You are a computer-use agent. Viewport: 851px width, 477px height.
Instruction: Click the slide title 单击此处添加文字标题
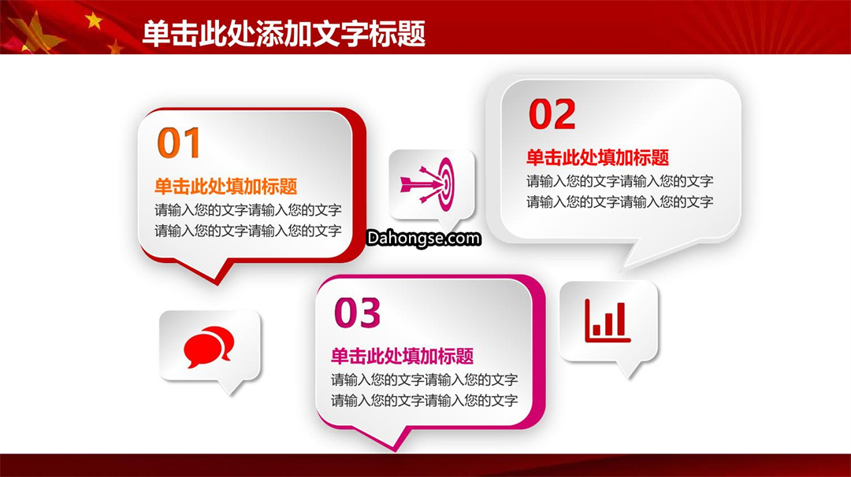[284, 34]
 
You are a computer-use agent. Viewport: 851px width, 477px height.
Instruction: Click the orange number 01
[179, 143]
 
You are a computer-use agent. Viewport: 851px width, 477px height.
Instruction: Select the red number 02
[552, 114]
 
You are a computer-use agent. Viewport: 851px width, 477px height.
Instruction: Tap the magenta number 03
[357, 312]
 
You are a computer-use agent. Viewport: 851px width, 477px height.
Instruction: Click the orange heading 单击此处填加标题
[226, 187]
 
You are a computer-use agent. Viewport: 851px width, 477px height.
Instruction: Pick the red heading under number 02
[597, 157]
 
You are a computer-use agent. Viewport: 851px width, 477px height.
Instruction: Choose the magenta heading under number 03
[402, 356]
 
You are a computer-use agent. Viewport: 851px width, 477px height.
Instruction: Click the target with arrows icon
[427, 184]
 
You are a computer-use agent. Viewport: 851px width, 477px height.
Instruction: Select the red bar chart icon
[608, 321]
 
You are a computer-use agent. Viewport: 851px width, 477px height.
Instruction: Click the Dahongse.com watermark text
[424, 238]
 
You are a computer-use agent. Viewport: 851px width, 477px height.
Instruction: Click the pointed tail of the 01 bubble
[217, 283]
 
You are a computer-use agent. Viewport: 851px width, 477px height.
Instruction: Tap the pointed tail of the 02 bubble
[624, 268]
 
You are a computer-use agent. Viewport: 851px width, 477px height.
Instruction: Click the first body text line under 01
[248, 210]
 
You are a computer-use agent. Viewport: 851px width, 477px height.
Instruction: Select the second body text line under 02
[620, 202]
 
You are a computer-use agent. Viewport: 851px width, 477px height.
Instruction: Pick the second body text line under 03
[425, 401]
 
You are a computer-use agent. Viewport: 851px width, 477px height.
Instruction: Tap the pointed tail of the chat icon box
[230, 394]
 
